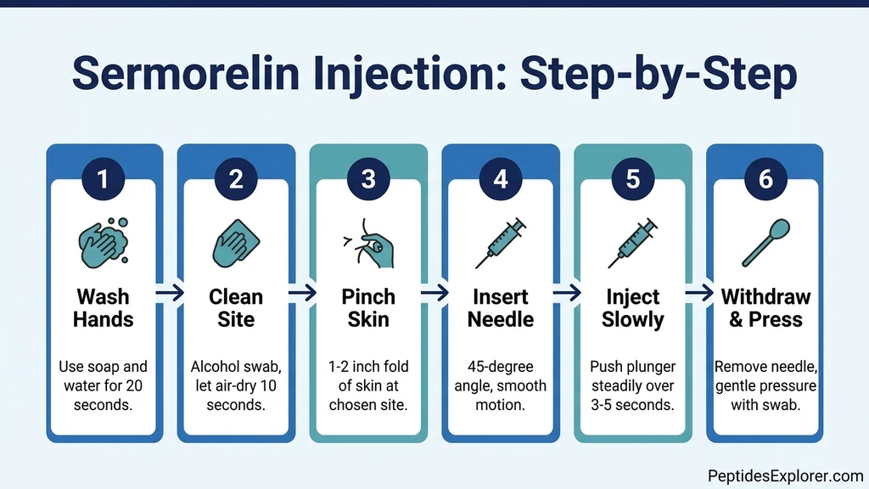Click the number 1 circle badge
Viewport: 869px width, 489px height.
pos(104,179)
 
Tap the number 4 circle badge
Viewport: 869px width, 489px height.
pos(501,179)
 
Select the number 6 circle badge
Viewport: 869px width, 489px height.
pos(765,179)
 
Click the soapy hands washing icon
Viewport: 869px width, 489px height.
pos(104,241)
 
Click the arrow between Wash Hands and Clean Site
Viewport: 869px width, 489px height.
pos(170,293)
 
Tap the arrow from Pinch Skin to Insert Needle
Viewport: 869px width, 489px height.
pos(434,293)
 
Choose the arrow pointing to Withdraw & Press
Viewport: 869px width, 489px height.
pos(699,293)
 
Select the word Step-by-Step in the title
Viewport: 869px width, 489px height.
pos(659,75)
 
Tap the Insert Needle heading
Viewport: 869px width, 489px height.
pos(501,308)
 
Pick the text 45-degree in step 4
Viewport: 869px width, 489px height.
pos(501,367)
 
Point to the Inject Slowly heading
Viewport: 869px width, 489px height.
pos(633,308)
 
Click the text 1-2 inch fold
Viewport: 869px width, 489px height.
pos(368,367)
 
